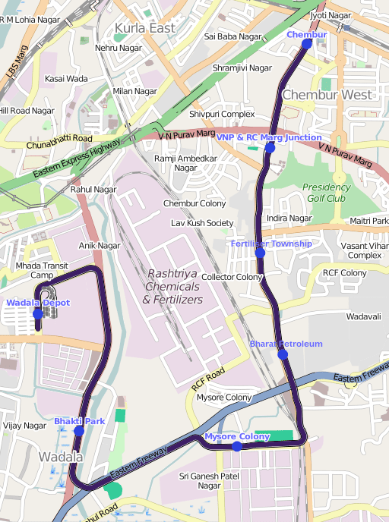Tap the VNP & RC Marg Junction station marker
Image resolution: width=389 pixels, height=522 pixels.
point(269,148)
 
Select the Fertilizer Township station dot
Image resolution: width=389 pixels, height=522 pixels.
point(260,253)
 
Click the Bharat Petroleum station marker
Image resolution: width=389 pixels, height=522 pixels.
point(282,354)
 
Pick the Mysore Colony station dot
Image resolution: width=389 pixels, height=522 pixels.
point(237,446)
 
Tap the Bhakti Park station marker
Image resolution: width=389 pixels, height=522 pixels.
point(79,431)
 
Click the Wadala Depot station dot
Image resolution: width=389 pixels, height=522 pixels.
point(38,313)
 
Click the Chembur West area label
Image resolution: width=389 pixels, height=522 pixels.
point(327,95)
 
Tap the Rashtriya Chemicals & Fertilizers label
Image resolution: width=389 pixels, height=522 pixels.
point(173,286)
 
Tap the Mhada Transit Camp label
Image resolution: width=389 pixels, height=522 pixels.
point(42,270)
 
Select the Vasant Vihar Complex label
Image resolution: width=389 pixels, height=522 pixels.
point(364,250)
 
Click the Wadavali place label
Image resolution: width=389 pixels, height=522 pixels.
point(363,315)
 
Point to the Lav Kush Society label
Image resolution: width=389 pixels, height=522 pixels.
point(202,223)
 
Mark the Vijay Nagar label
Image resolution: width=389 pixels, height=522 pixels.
point(24,426)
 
